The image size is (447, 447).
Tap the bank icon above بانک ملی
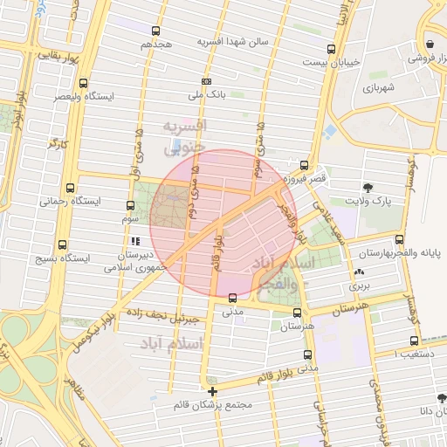click(206, 80)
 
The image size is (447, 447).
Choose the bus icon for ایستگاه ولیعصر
click(83, 84)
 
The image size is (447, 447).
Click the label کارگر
click(58, 141)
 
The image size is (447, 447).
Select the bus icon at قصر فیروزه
click(304, 164)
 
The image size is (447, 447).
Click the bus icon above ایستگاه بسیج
click(61, 245)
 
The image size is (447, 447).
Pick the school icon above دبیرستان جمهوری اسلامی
click(134, 242)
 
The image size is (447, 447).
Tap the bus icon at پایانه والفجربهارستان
click(399, 239)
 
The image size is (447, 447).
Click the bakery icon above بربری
click(360, 272)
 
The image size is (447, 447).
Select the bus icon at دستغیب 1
click(414, 341)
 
